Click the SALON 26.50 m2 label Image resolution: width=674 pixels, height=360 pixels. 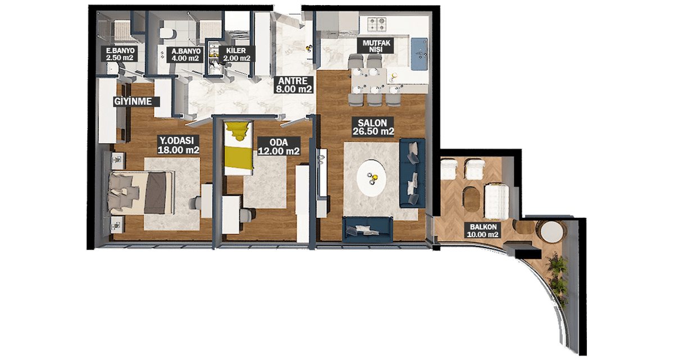[x=373, y=127]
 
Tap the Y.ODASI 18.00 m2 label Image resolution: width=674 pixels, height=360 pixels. [x=179, y=145]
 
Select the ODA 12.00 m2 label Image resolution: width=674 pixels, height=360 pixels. [x=279, y=147]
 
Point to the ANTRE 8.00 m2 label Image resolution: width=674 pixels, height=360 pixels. [x=294, y=85]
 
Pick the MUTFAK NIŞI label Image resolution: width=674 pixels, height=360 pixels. [x=376, y=46]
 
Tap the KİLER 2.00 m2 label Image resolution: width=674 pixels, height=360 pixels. [x=237, y=54]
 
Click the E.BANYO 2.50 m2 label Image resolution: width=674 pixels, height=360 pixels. [x=120, y=54]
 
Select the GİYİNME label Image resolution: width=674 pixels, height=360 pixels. [x=133, y=101]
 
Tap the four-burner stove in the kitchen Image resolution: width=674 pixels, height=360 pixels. [x=377, y=24]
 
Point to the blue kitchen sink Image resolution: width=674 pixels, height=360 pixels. [x=419, y=53]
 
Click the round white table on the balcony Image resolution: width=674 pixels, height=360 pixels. [x=552, y=232]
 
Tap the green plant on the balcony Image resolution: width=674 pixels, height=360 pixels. [x=559, y=279]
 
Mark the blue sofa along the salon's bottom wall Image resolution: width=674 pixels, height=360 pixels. [x=368, y=229]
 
